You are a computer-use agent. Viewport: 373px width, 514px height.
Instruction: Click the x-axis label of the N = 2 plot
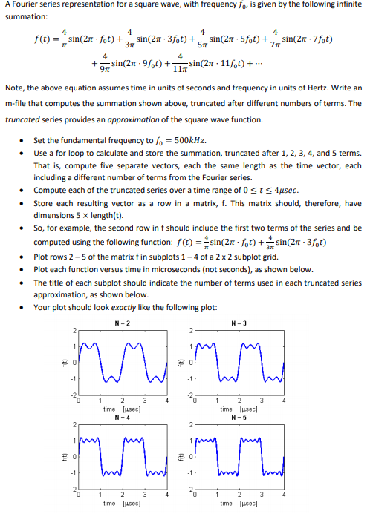(119, 409)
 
